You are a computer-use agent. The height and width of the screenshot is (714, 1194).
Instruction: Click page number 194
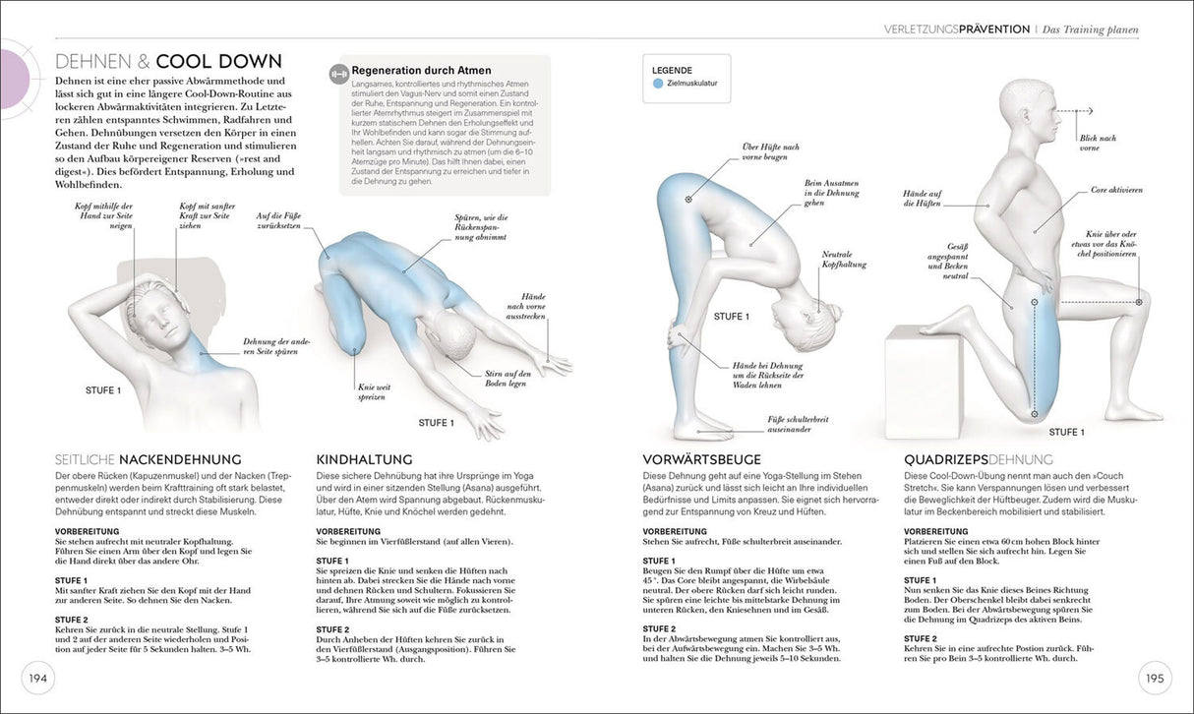[x=37, y=678]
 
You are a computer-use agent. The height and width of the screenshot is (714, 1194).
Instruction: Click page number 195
[x=1154, y=678]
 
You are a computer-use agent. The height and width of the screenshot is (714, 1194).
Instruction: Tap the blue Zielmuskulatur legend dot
[x=658, y=84]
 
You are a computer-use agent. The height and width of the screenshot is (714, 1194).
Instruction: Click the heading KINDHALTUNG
[x=364, y=459]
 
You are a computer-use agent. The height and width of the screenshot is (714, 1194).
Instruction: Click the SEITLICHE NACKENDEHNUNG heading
[x=149, y=459]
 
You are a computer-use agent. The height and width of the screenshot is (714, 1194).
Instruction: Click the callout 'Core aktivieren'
[x=1116, y=190]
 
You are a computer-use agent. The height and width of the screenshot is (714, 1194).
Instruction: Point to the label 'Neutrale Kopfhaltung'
[x=844, y=259]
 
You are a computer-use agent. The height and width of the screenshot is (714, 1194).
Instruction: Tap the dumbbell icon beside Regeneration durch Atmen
[x=338, y=72]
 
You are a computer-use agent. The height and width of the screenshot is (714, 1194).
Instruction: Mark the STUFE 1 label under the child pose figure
[x=436, y=423]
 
